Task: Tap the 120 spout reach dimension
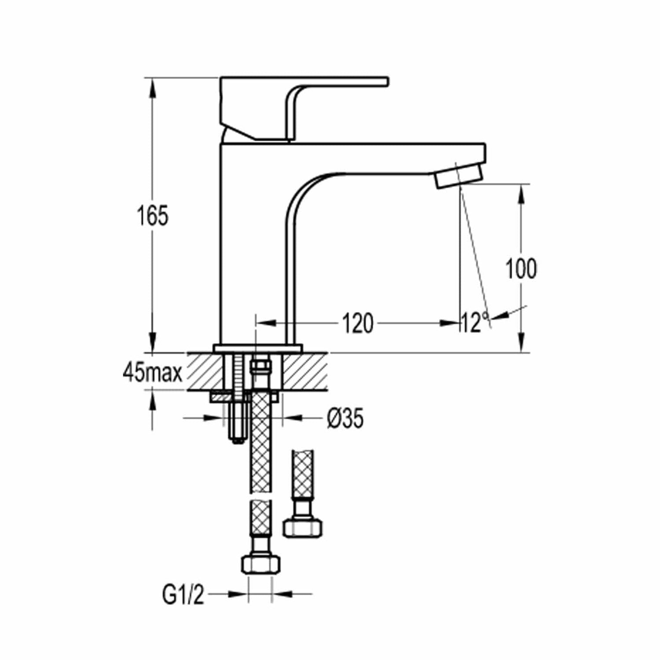point(358,323)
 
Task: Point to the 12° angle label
point(475,323)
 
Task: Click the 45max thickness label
point(153,374)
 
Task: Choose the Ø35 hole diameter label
point(345,419)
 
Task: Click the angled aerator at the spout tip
point(458,176)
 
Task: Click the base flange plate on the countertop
point(258,348)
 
